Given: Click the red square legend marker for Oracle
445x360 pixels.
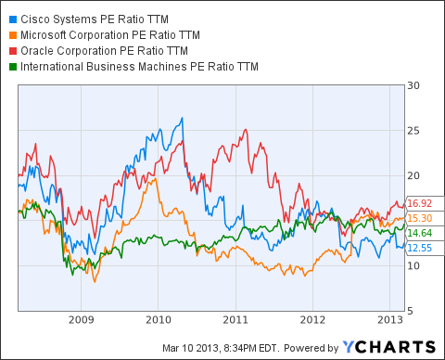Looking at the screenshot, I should click(8, 50).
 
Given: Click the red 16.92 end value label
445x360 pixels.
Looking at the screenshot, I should click(423, 203).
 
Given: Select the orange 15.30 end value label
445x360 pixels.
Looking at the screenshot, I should click(423, 218).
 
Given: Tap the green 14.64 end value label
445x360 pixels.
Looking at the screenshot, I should click(423, 233).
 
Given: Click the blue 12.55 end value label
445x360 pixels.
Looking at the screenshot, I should click(423, 248).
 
